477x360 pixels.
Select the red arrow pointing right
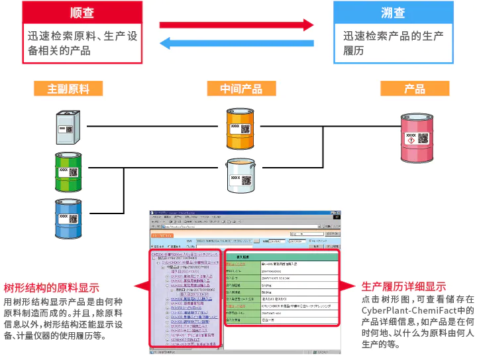click(237, 25)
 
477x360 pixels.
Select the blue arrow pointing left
click(237, 44)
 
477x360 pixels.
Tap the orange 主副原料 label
click(68, 89)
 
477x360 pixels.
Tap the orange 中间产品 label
click(241, 89)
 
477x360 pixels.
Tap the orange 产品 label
click(414, 89)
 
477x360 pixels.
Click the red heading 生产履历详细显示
click(403, 287)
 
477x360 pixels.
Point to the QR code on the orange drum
click(244, 129)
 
